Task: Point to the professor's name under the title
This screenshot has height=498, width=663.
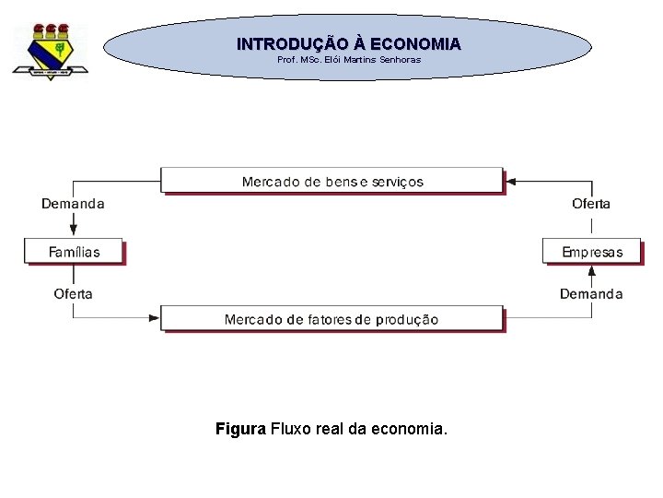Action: click(x=349, y=60)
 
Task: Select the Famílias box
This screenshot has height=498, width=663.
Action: click(x=74, y=252)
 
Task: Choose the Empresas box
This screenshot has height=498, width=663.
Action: click(x=592, y=252)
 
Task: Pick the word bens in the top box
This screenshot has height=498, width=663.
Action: click(x=341, y=182)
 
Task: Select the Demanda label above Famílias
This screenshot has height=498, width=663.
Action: click(x=73, y=204)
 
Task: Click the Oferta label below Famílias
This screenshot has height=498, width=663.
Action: click(x=73, y=294)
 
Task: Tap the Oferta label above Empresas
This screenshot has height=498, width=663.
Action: click(x=591, y=204)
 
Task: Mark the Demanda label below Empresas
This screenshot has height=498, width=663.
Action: click(x=591, y=294)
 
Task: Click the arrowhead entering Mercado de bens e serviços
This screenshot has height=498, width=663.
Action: click(x=512, y=182)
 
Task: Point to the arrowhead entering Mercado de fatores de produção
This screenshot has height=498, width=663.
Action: click(x=155, y=318)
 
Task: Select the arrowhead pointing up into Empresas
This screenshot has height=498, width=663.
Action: click(x=592, y=270)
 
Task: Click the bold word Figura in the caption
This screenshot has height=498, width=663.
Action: click(x=240, y=429)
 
